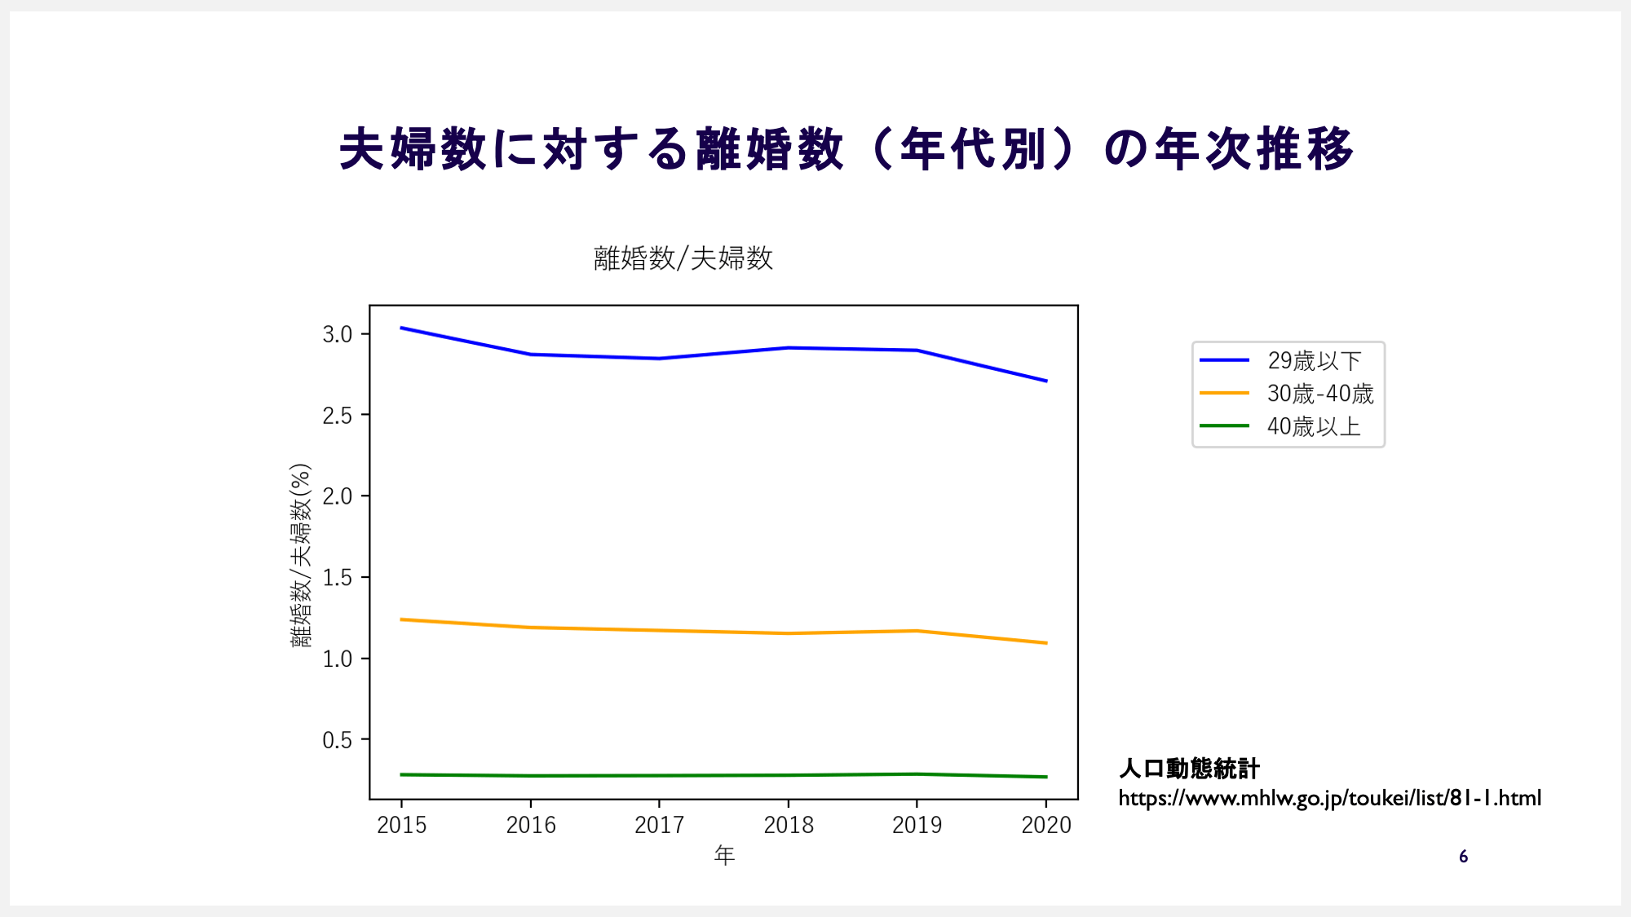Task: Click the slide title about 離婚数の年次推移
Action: click(846, 149)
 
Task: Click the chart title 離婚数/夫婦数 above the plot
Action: click(683, 258)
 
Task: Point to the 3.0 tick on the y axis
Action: click(337, 334)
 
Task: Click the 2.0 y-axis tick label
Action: click(337, 496)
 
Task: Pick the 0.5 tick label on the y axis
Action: click(337, 740)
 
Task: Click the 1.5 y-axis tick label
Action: click(337, 578)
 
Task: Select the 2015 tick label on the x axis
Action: click(401, 825)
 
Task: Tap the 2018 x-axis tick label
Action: click(789, 825)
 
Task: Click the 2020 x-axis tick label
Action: click(1046, 825)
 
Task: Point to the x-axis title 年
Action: click(724, 855)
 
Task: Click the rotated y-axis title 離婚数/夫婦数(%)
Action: click(300, 555)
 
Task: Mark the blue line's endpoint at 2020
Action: click(1046, 381)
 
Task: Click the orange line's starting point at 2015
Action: click(401, 619)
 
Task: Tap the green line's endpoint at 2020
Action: click(1046, 777)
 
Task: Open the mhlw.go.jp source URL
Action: click(1329, 798)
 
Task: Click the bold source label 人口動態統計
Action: click(1189, 768)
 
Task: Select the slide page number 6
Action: click(1463, 857)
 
